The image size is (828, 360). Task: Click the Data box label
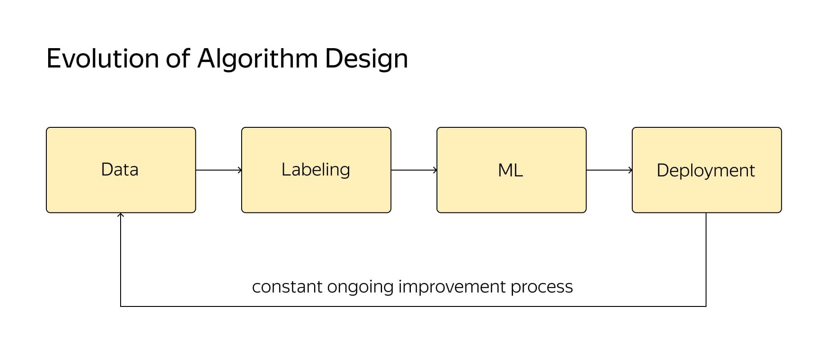click(x=120, y=170)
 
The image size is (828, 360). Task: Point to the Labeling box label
click(x=315, y=170)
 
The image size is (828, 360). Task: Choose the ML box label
click(x=510, y=171)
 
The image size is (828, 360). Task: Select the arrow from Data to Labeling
click(x=219, y=170)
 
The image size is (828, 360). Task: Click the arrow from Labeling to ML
click(x=414, y=170)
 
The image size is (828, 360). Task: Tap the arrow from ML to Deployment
click(x=609, y=170)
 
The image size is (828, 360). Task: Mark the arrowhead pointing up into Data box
click(x=121, y=215)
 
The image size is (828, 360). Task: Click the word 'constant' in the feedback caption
click(x=288, y=287)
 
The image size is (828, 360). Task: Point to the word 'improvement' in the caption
click(x=452, y=287)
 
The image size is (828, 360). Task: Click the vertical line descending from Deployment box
click(x=706, y=260)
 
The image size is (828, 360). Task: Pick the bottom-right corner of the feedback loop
click(x=706, y=306)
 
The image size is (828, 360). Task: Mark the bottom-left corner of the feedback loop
click(x=121, y=306)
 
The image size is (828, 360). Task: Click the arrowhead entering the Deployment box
click(x=630, y=170)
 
